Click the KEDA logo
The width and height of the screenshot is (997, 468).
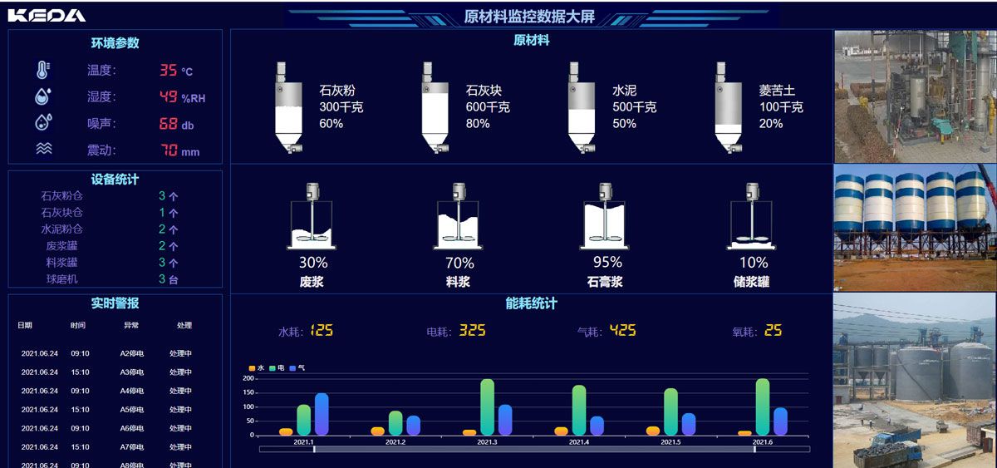click(x=47, y=15)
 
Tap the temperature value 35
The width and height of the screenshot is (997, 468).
click(x=168, y=71)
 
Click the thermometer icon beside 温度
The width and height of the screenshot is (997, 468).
click(x=43, y=70)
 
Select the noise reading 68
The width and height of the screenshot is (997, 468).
click(x=168, y=124)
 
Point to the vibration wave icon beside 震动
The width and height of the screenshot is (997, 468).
click(x=43, y=150)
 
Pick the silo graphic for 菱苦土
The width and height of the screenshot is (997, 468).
click(x=728, y=108)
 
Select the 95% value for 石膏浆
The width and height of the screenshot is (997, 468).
click(x=607, y=263)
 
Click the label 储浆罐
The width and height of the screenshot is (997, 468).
click(x=752, y=282)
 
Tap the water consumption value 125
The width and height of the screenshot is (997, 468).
click(x=321, y=331)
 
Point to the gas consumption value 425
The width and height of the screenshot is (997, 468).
click(x=622, y=331)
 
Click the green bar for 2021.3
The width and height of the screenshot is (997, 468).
click(x=488, y=407)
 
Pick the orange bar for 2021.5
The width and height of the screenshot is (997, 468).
click(x=653, y=431)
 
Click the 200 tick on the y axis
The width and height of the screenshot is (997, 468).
click(x=248, y=378)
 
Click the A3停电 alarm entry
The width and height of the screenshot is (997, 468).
click(x=131, y=372)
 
